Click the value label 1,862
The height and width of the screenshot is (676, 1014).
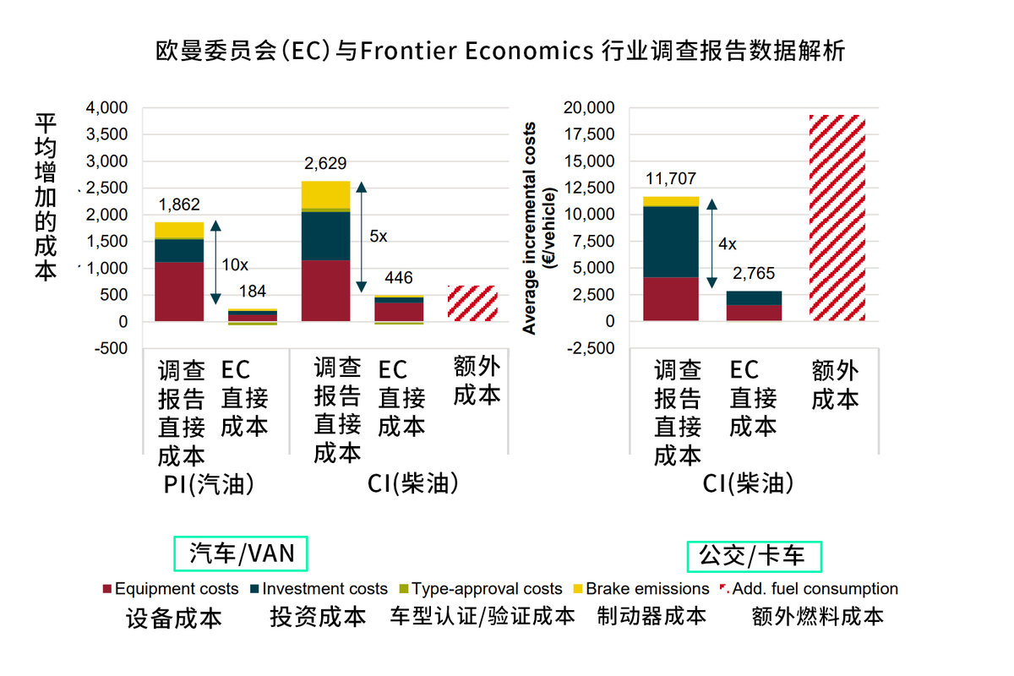[x=178, y=204]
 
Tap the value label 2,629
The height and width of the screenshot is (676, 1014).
[x=325, y=163]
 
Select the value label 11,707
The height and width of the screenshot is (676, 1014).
[x=672, y=178]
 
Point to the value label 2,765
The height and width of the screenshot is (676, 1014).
[x=754, y=274]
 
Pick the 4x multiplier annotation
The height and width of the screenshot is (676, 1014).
[x=727, y=244]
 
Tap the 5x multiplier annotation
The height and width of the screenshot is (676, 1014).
[x=379, y=237]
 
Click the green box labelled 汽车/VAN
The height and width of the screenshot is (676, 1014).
[x=241, y=553]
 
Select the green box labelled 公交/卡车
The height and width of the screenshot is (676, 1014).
[x=754, y=555]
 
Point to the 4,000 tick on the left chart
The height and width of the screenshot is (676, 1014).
[x=106, y=107]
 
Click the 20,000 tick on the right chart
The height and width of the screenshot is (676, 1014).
[x=591, y=107]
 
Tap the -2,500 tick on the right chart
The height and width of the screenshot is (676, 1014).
[x=592, y=348]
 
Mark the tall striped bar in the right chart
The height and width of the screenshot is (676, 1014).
[x=835, y=217]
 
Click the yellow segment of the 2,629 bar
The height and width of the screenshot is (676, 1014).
[x=325, y=194]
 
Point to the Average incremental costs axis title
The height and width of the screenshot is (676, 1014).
[x=531, y=228]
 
